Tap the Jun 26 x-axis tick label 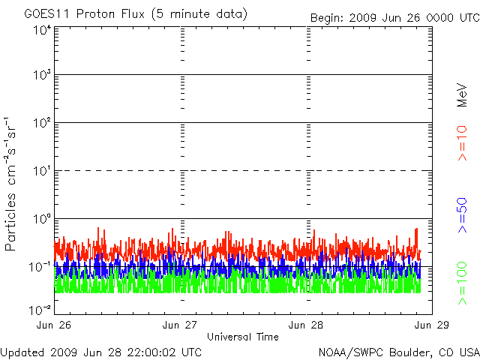tap(55, 325)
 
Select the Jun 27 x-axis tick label tap(181, 325)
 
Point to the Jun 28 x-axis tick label tap(307, 325)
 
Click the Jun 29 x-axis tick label tap(432, 325)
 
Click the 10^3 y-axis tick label tap(41, 76)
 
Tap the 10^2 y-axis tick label tap(41, 123)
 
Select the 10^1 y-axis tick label tap(41, 171)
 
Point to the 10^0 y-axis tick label tap(41, 219)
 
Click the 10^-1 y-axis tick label tap(40, 266)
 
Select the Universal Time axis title tap(243, 337)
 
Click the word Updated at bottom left tap(22, 351)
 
